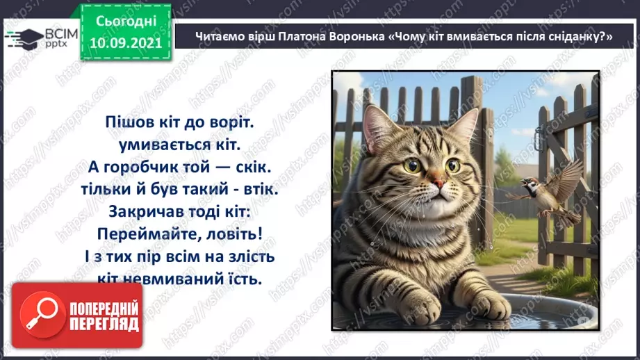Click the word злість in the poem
[x=253, y=257]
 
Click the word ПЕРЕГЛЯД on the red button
[x=104, y=324]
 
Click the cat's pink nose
[x=439, y=184]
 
